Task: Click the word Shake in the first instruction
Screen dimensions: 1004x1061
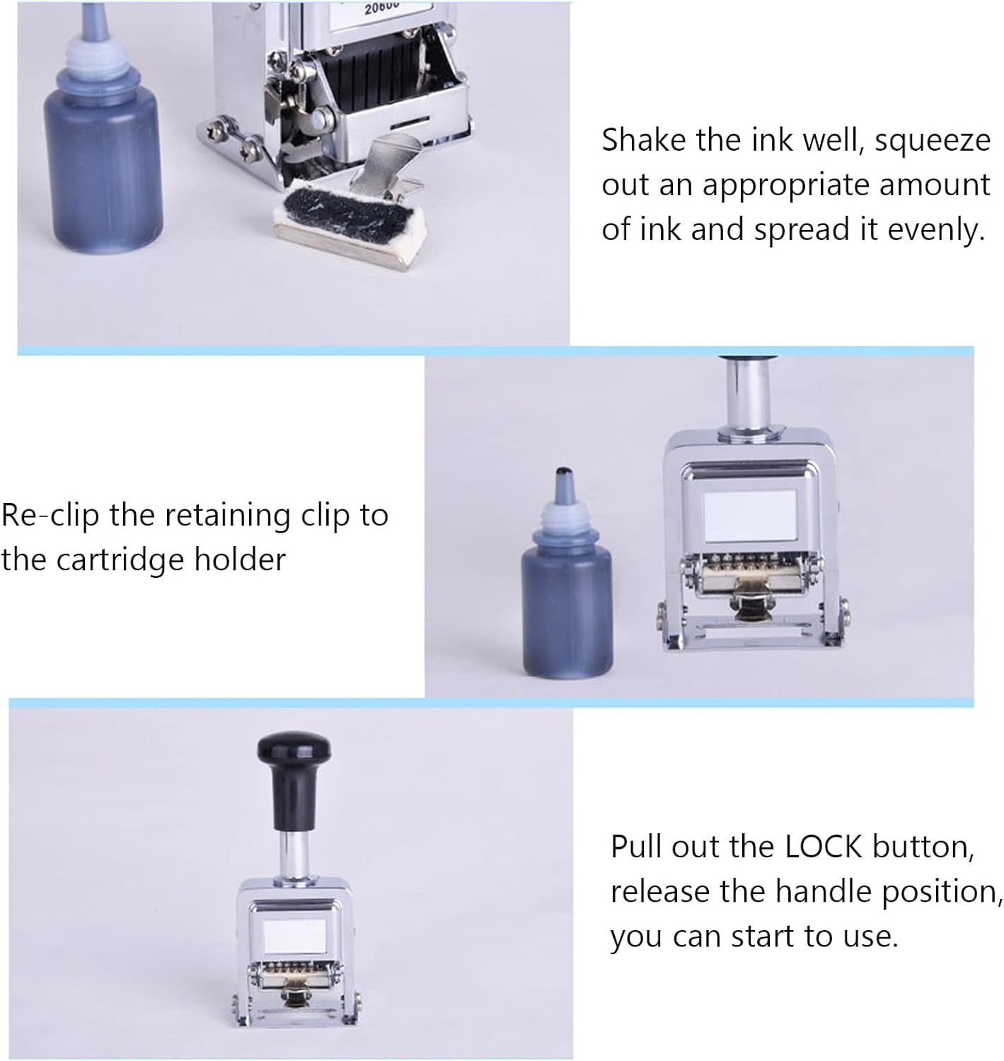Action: point(644,140)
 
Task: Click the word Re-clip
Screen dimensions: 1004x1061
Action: point(50,516)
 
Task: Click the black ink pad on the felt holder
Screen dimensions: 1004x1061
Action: point(348,211)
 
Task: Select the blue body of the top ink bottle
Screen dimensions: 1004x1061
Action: point(103,173)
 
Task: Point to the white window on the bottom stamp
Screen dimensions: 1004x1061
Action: point(295,936)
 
